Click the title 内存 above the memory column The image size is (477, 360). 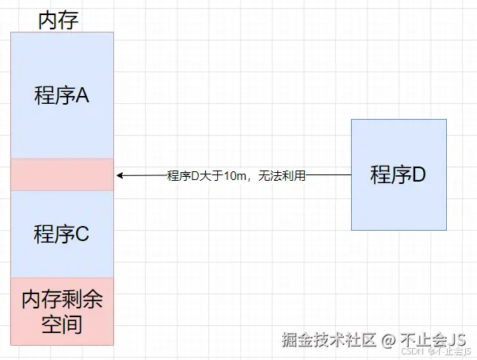click(x=59, y=19)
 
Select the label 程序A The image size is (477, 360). click(x=61, y=96)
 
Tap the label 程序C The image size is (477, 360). click(x=61, y=235)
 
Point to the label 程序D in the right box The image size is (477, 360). click(x=399, y=175)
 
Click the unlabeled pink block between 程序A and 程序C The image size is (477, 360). click(x=62, y=174)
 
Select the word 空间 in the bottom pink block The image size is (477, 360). click(x=62, y=324)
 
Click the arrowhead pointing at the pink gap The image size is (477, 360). click(x=119, y=175)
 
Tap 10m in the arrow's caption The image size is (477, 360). click(x=235, y=175)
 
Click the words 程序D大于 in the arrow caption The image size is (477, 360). click(x=195, y=175)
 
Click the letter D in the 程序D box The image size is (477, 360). click(x=418, y=175)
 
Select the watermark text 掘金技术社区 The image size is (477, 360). click(x=329, y=340)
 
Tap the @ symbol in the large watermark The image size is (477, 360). click(x=387, y=340)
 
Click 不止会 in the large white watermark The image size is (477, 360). click(x=422, y=340)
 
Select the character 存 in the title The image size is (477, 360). click(x=69, y=19)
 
